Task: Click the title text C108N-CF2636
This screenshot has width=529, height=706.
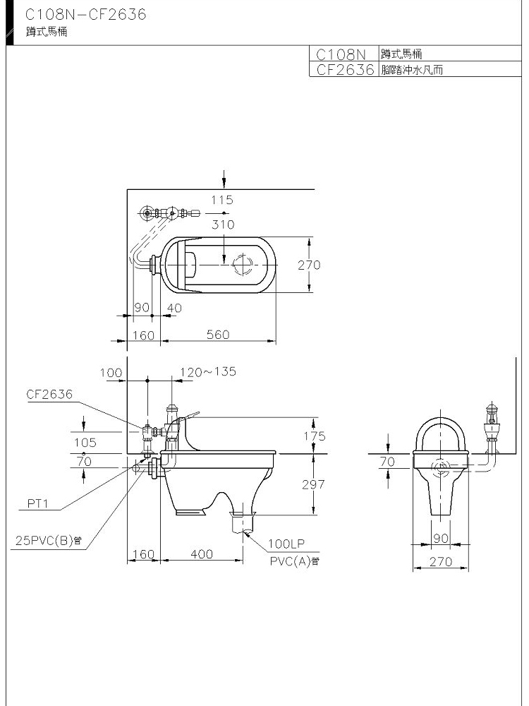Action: tap(85, 15)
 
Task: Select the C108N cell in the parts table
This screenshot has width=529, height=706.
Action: tap(341, 54)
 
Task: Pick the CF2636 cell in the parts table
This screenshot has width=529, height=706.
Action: tap(345, 69)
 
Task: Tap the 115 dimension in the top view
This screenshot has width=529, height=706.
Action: tap(222, 200)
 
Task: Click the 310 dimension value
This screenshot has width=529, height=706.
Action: tap(223, 225)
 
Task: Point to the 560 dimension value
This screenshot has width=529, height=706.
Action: tap(218, 335)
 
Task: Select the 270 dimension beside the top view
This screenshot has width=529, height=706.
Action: tap(309, 265)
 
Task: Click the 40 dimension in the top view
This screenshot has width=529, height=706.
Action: tap(174, 308)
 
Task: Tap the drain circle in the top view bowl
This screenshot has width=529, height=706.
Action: tap(244, 265)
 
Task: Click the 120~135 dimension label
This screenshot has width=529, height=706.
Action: tap(208, 371)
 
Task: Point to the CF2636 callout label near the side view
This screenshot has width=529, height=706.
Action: tap(49, 395)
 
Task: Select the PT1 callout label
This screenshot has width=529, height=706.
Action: tap(38, 503)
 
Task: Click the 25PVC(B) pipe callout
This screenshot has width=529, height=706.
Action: tap(49, 540)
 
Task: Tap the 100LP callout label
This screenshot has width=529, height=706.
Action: tap(286, 544)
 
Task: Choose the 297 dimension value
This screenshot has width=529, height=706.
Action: tap(313, 484)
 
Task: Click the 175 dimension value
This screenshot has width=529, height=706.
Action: tap(315, 436)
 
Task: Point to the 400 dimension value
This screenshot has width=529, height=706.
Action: tap(202, 554)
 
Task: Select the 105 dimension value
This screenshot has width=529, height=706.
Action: tap(85, 443)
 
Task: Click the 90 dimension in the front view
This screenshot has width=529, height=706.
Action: tap(442, 538)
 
